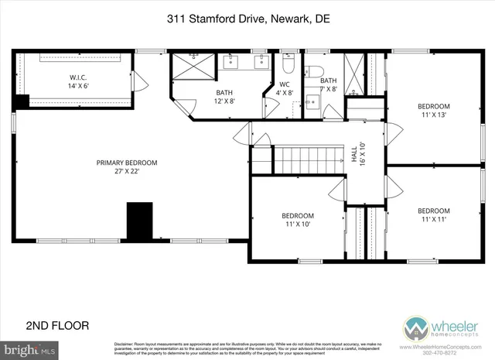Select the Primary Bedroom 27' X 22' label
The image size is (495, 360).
coord(126,167)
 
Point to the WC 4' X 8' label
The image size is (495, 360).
coord(284,88)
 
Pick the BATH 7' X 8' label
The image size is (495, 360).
coord(329,84)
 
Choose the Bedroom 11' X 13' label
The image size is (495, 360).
coord(434,110)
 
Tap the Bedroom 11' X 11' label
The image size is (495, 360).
coord(433,215)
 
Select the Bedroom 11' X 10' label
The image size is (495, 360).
coord(297,220)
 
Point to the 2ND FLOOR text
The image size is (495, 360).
coord(57,324)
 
